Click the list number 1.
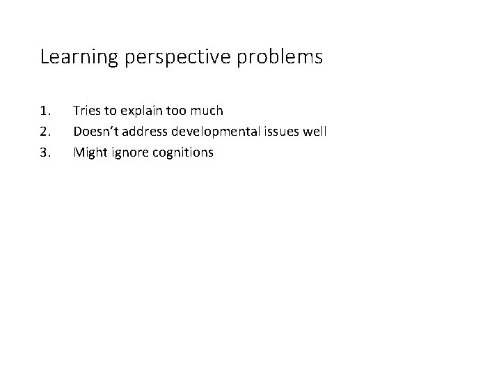pyautogui.click(x=45, y=110)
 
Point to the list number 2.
pyautogui.click(x=45, y=131)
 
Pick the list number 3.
pyautogui.click(x=45, y=152)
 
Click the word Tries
pyautogui.click(x=87, y=110)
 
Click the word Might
pyautogui.click(x=90, y=152)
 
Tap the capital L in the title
pyautogui.click(x=45, y=57)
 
